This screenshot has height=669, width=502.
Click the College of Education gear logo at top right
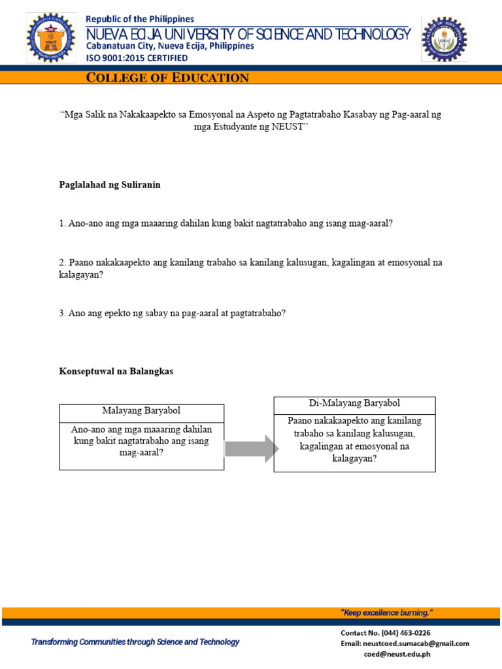444,39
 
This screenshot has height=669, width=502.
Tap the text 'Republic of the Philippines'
140,20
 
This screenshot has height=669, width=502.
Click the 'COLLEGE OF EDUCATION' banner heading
168,78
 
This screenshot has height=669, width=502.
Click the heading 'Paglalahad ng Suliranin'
110,185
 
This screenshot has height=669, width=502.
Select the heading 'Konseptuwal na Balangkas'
116,371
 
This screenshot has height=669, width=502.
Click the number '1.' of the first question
63,223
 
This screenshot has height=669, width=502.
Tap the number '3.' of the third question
63,313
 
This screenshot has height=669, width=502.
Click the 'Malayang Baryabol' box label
141,411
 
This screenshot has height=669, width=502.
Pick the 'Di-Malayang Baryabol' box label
354,403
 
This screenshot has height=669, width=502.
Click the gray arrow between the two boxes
251,448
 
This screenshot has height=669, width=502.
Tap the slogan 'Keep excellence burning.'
386,613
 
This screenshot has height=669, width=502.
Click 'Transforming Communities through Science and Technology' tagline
135,642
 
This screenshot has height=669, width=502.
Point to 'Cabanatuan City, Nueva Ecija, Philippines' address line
171,46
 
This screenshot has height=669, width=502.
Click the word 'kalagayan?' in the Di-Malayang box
354,459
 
